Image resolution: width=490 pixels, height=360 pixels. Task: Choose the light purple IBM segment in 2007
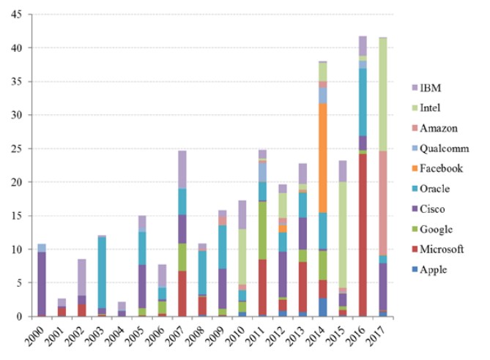[182, 170]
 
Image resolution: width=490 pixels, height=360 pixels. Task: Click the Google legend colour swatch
[417, 228]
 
